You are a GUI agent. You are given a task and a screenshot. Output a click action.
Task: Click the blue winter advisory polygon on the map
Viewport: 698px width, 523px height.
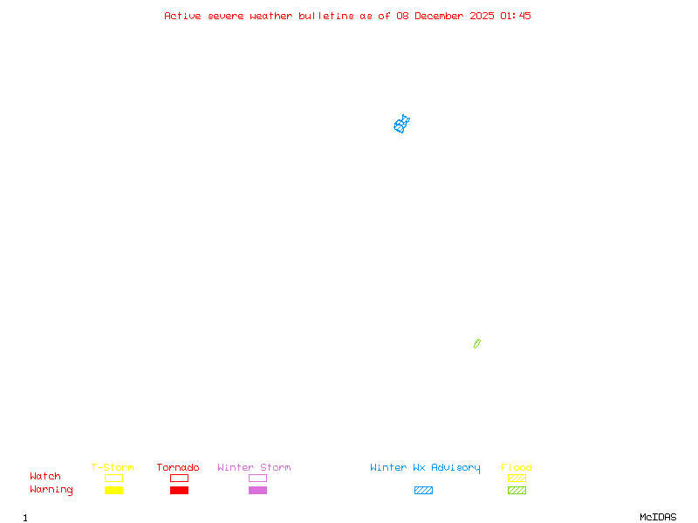point(401,125)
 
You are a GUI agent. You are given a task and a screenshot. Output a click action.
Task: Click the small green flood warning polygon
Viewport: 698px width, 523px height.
point(477,343)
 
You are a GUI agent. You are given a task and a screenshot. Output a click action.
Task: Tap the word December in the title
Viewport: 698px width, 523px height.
point(442,16)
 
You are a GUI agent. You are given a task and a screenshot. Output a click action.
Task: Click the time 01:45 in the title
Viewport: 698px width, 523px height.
point(516,16)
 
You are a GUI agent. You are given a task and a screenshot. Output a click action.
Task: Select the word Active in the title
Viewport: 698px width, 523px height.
point(183,16)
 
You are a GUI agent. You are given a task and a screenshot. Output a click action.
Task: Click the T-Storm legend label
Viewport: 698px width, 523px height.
point(113,468)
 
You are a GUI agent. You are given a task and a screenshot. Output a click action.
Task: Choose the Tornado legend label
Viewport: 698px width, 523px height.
point(178,468)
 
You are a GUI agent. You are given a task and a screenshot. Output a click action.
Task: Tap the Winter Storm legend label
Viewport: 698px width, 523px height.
point(254,468)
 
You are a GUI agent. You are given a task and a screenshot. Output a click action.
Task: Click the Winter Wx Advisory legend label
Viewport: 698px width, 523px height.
point(425,468)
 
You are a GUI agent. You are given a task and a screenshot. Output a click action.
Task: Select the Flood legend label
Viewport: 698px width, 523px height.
point(517,468)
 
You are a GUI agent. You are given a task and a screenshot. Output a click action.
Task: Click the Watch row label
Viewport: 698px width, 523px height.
point(45,477)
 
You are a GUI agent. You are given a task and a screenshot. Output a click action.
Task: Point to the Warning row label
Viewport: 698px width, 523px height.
point(51,490)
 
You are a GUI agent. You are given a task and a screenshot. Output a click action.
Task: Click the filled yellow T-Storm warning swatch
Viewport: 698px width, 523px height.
point(113,491)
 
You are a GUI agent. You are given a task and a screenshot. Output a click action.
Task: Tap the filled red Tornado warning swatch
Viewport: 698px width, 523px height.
point(179,491)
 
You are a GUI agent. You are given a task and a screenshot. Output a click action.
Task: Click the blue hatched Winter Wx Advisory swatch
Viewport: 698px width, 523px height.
point(423,491)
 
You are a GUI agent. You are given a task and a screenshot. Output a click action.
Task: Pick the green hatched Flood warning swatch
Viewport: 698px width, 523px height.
point(517,491)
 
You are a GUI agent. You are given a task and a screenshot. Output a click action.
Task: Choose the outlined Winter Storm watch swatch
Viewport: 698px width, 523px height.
point(257,479)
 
